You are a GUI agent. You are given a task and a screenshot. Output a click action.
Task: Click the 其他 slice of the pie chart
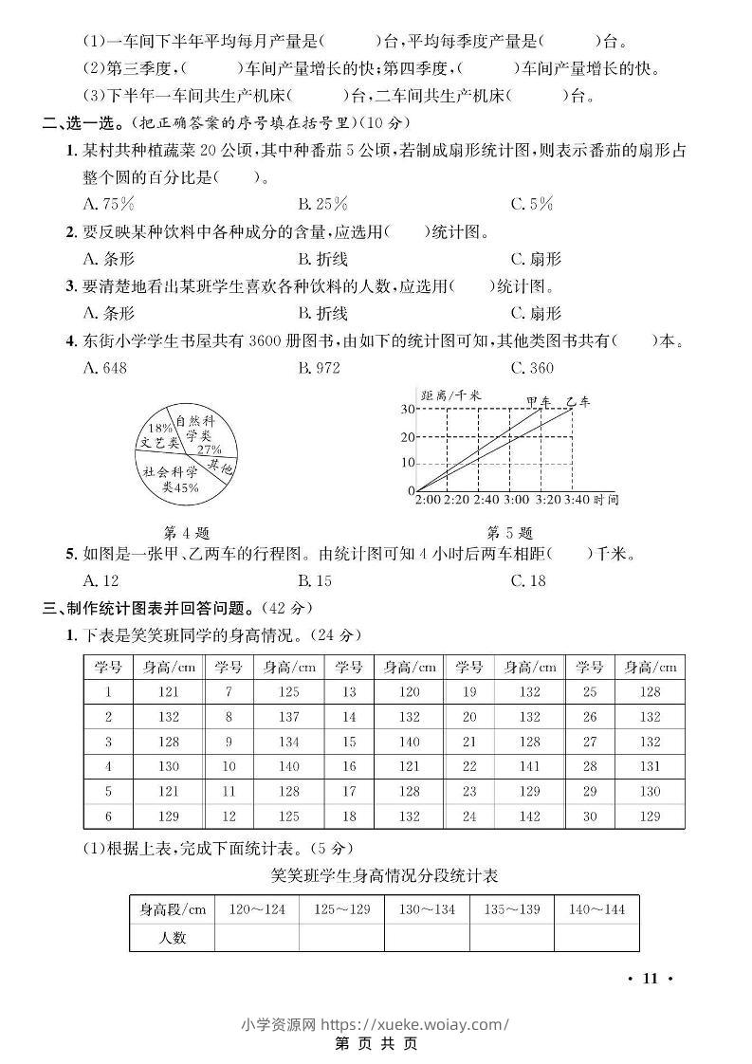221,467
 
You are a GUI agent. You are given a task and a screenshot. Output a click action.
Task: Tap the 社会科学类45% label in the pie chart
171,479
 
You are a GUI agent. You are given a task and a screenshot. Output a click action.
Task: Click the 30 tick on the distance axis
407,409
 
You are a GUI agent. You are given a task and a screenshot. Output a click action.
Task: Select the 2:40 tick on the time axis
486,499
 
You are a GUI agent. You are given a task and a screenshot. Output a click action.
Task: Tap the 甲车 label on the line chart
538,402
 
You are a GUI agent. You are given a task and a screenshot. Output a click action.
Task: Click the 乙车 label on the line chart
578,402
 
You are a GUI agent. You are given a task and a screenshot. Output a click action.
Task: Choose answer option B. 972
319,367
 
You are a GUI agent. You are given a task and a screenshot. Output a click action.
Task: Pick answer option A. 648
104,367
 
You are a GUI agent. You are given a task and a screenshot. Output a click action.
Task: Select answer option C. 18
528,580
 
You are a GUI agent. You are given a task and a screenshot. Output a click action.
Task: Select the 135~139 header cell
512,909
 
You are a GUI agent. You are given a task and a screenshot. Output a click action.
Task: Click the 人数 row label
172,937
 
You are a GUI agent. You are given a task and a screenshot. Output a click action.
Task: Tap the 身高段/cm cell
173,909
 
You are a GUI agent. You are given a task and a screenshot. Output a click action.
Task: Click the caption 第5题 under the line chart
509,532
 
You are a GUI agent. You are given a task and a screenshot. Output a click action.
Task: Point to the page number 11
650,979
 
